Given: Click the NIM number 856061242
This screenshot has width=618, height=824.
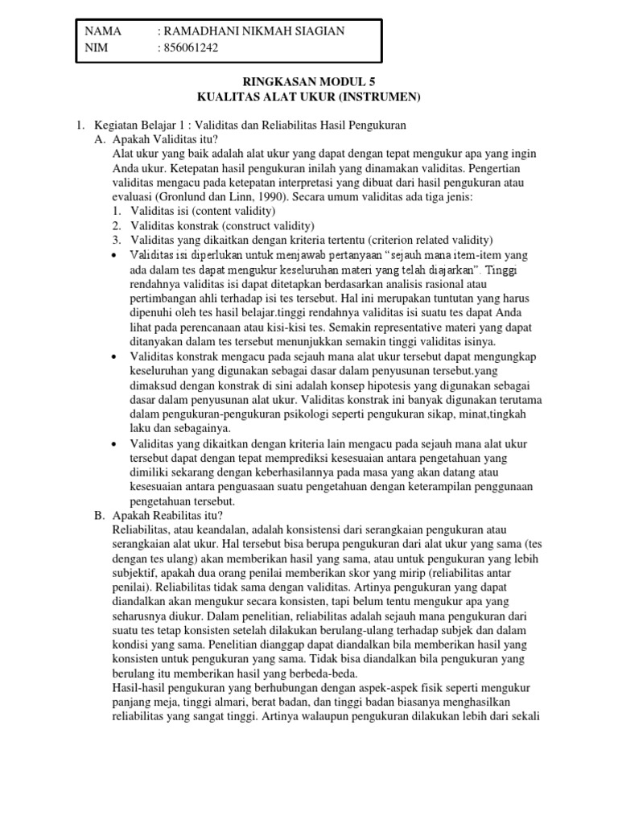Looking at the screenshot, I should click(x=190, y=47).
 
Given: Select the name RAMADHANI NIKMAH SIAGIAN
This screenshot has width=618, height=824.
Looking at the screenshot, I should click(x=252, y=31).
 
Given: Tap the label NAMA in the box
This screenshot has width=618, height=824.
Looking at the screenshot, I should click(x=103, y=31).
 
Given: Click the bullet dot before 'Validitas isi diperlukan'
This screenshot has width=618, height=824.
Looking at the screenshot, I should click(x=118, y=255).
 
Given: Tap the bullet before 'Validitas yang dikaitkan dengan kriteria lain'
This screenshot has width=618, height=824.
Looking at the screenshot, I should click(x=118, y=443).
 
